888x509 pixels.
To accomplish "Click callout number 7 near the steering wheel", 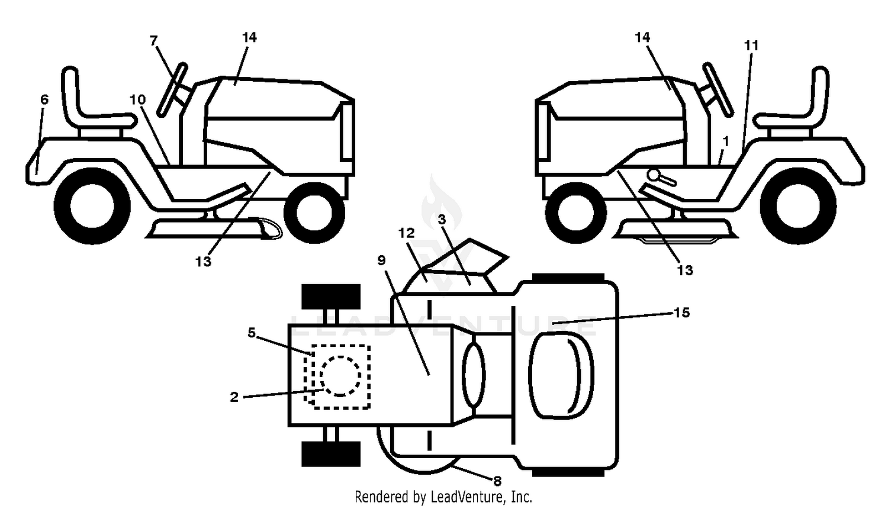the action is pyautogui.click(x=154, y=40).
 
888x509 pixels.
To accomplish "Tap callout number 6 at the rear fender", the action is pyautogui.click(x=44, y=99).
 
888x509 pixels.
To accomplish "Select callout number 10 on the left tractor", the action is pyautogui.click(x=137, y=99).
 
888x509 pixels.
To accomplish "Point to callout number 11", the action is pyautogui.click(x=751, y=46).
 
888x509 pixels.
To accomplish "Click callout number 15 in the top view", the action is pyautogui.click(x=682, y=313).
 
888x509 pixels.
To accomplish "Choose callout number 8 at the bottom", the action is pyautogui.click(x=497, y=481).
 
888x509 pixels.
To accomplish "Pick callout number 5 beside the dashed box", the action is pyautogui.click(x=252, y=333).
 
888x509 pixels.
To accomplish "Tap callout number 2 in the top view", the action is pyautogui.click(x=234, y=397).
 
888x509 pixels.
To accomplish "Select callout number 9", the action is pyautogui.click(x=381, y=260).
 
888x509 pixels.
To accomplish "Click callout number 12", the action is pyautogui.click(x=406, y=233).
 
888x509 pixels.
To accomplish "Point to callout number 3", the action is pyautogui.click(x=442, y=219).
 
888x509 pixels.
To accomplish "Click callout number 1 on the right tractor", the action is pyautogui.click(x=726, y=141).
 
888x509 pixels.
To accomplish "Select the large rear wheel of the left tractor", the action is pyautogui.click(x=92, y=206).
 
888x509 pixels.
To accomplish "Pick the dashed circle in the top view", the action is pyautogui.click(x=340, y=376).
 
